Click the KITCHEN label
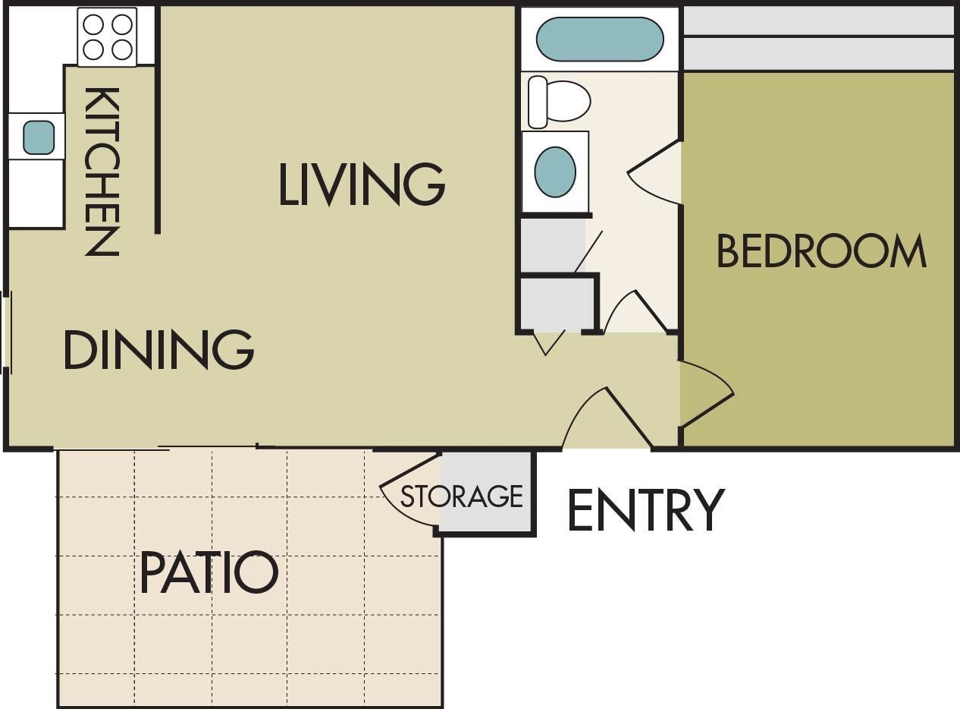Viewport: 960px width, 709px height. pyautogui.click(x=102, y=172)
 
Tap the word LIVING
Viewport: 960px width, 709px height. pyautogui.click(x=361, y=184)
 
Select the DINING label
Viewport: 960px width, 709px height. pyautogui.click(x=158, y=349)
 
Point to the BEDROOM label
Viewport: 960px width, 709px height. pyautogui.click(x=821, y=251)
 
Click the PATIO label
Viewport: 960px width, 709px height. pyautogui.click(x=209, y=573)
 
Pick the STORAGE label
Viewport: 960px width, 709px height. pyautogui.click(x=462, y=496)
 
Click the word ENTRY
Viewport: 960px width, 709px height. pyautogui.click(x=646, y=510)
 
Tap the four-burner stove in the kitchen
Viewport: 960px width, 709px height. pyautogui.click(x=107, y=37)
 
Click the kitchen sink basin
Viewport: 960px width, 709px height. pyautogui.click(x=39, y=137)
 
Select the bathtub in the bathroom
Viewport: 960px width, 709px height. pyautogui.click(x=599, y=39)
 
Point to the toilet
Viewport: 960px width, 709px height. pyautogui.click(x=559, y=102)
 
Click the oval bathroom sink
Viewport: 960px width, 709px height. pyautogui.click(x=554, y=172)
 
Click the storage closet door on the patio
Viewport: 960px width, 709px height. pyautogui.click(x=409, y=493)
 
